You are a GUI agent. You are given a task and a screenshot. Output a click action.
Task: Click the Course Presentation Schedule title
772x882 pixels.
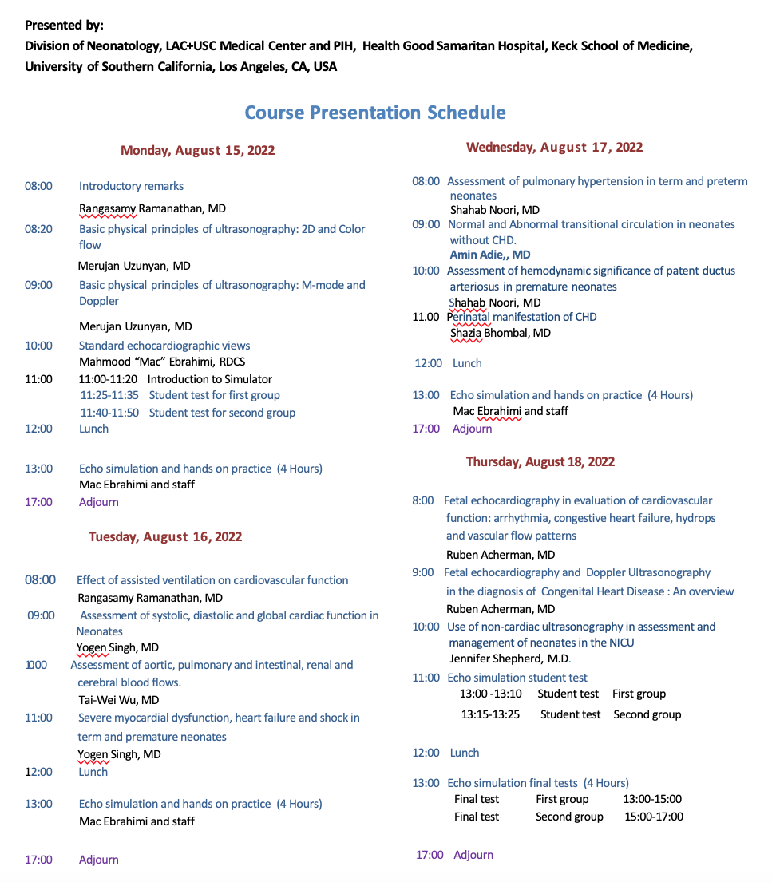[x=374, y=112]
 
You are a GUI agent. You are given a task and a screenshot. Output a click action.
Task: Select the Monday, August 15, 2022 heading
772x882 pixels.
[x=197, y=150]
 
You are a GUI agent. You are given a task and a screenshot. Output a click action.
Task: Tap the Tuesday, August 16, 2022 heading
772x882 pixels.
[x=165, y=536]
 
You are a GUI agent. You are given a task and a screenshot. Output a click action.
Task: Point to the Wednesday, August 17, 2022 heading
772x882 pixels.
[x=554, y=147]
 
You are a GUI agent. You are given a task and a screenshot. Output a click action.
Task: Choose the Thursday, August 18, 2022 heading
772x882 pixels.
[x=540, y=461]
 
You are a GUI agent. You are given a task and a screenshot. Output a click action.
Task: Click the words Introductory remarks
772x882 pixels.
[x=131, y=186]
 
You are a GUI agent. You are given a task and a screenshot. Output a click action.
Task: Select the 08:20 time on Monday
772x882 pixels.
[x=38, y=229]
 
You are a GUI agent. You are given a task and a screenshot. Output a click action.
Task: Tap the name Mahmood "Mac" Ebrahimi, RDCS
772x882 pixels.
[x=161, y=362]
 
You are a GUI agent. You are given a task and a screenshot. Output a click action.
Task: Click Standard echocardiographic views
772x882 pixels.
[x=164, y=346]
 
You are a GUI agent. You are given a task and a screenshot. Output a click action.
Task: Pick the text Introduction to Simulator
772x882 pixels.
[x=210, y=379]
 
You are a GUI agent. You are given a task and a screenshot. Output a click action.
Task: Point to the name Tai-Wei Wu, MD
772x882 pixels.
[x=118, y=700]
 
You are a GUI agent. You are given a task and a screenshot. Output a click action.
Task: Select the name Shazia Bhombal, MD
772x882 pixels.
[x=500, y=333]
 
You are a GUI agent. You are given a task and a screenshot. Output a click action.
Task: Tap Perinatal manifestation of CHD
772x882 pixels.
[x=522, y=317]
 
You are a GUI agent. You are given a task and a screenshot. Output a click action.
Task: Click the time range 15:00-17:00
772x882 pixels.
[x=654, y=817]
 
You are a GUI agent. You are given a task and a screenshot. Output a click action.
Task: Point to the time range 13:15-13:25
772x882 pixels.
[x=490, y=714]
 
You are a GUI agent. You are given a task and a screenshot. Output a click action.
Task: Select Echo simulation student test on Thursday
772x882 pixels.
[x=517, y=678]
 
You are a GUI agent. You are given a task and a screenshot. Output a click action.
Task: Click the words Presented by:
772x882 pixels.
[x=65, y=26]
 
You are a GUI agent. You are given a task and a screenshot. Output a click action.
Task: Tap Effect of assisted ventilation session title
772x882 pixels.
[x=212, y=580]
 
